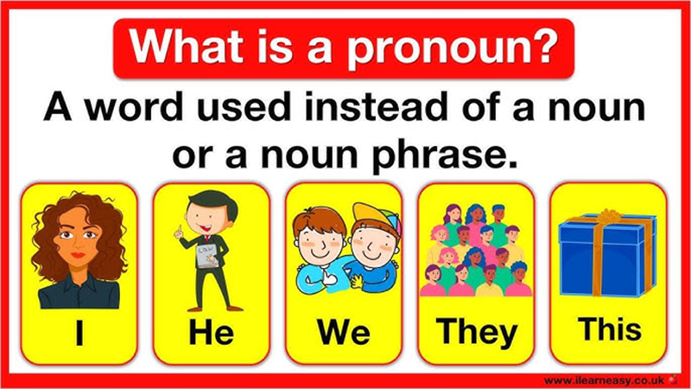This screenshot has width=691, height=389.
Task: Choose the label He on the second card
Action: click(x=211, y=333)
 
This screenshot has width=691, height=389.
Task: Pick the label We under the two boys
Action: click(x=343, y=333)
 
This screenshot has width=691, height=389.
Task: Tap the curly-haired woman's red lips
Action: click(x=78, y=257)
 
